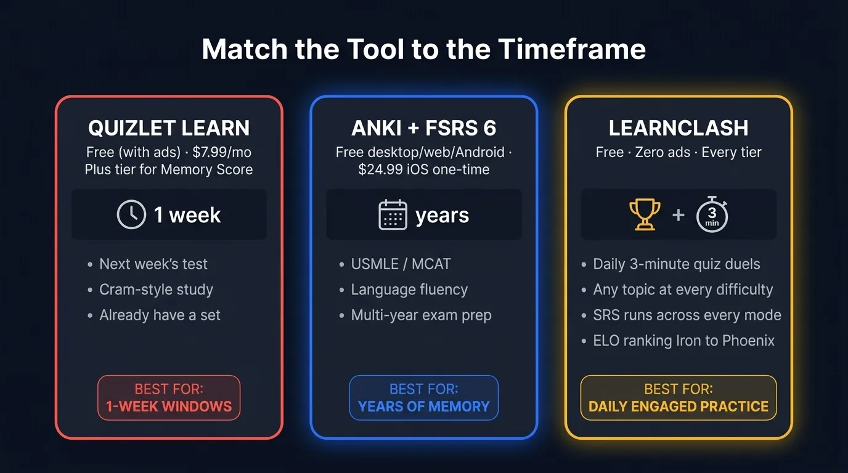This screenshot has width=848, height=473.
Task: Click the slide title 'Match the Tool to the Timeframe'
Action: [424, 49]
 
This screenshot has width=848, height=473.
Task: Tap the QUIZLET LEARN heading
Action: [169, 128]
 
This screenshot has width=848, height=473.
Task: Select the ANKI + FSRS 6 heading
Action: [424, 128]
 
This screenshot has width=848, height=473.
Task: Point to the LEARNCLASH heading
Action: [679, 128]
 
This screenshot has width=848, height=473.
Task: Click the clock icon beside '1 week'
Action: [131, 215]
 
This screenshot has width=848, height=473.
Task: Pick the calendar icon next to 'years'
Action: [393, 215]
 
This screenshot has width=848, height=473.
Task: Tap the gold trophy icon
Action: [645, 214]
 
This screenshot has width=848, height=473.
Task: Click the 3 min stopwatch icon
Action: [712, 216]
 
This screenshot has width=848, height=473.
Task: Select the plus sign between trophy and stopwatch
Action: [679, 215]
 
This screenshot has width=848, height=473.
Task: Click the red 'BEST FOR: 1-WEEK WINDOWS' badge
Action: [169, 398]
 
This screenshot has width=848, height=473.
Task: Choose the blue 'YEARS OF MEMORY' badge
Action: [424, 398]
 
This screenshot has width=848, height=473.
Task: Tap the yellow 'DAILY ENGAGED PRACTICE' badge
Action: [679, 398]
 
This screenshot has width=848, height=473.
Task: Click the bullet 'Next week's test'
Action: [153, 264]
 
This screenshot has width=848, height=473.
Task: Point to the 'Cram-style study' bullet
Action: [156, 289]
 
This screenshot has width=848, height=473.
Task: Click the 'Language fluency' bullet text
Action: [409, 289]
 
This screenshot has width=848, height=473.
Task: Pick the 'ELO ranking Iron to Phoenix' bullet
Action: [683, 341]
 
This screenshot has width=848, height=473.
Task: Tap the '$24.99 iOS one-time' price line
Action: [424, 169]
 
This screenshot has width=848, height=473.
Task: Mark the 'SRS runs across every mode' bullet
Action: [687, 315]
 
